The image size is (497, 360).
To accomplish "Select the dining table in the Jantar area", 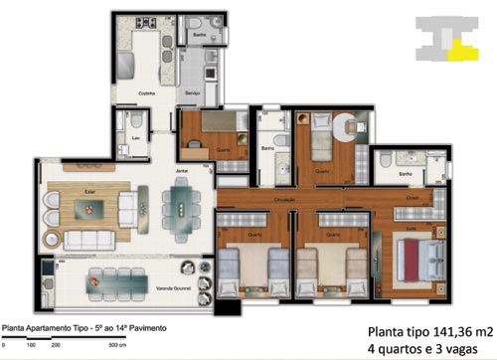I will click(182, 209).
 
